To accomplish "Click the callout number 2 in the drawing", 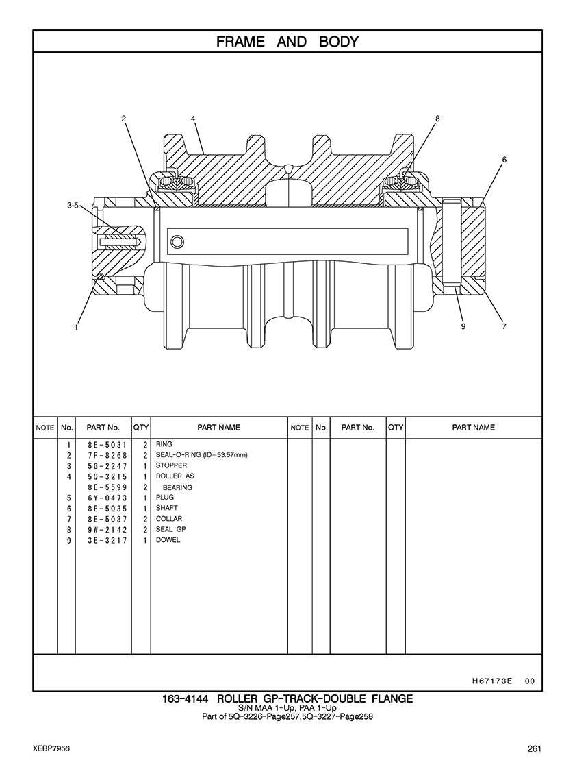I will pos(124,119).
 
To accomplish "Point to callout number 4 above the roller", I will pos(194,119).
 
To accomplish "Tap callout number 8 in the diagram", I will pos(437,119).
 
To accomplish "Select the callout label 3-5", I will pos(73,205).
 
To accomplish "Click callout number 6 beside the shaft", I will pos(504,160).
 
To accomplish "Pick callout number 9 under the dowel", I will pos(463,326).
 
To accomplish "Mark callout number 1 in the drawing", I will pos(77,327).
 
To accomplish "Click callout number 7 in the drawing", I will pos(504,326).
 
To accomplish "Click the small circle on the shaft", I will pos(178,241).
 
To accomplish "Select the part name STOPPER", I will pos(171,466).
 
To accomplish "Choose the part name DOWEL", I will pos(168,540).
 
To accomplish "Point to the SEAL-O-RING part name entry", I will pos(201,455).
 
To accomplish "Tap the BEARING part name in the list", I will pos(177,487).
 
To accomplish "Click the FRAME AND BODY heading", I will pos(287,42).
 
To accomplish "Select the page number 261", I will pos(535,748).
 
